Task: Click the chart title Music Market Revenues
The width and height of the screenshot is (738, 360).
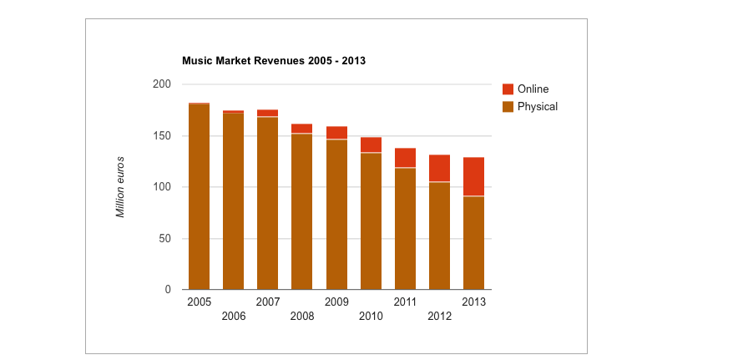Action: (x=274, y=61)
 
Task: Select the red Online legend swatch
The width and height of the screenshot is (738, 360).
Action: (x=508, y=89)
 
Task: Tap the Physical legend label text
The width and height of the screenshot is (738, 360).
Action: (x=537, y=107)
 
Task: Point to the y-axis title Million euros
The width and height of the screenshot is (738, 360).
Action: (x=120, y=187)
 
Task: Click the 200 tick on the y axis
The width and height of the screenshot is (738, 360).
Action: (x=162, y=84)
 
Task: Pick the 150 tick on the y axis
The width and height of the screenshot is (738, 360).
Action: (x=162, y=136)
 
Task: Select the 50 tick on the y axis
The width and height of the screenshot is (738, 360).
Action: (x=165, y=239)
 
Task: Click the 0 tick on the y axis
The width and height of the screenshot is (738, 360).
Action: (x=168, y=290)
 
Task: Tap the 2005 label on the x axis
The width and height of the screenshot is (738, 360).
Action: (x=200, y=302)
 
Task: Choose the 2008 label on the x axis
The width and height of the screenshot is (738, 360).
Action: (x=302, y=317)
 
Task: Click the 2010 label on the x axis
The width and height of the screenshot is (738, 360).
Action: (x=371, y=317)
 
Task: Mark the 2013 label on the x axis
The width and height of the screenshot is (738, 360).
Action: (x=473, y=302)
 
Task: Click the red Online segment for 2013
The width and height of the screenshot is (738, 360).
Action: (x=473, y=176)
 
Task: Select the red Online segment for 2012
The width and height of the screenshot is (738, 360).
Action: (x=439, y=168)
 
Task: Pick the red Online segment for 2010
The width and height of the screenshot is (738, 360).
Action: (x=371, y=145)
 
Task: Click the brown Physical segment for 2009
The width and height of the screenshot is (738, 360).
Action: (x=336, y=215)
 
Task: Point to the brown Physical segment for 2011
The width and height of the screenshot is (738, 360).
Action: (x=405, y=229)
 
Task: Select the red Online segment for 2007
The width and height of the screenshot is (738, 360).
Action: (x=268, y=113)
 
